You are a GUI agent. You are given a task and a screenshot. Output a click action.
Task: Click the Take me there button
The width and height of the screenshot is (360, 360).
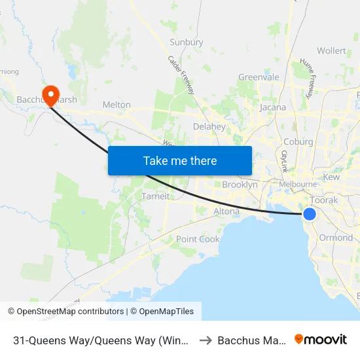coord(179,160)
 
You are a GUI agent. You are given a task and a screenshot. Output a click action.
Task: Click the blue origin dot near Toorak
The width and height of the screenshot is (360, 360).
coord(310,214)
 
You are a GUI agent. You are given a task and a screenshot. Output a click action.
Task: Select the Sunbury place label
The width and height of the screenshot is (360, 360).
coord(187,43)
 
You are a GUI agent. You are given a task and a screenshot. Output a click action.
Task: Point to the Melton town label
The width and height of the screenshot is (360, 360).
coord(117,105)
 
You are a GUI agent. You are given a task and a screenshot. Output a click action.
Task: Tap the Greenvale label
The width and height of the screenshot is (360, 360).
coord(259,77)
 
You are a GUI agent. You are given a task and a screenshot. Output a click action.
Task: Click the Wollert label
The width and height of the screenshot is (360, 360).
coord(331,50)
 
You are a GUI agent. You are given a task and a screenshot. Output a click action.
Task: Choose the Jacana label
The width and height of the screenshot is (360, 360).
coord(273,107)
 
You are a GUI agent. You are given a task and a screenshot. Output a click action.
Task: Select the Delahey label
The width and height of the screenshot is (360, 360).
coord(209,126)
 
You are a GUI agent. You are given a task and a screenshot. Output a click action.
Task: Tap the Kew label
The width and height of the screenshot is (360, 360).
coord(331,177)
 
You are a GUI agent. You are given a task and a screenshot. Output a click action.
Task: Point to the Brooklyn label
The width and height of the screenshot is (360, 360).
coord(240,185)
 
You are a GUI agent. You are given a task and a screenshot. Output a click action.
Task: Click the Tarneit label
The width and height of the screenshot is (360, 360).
coord(156,196)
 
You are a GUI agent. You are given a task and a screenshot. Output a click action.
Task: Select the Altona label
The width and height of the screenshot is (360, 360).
coord(226,211)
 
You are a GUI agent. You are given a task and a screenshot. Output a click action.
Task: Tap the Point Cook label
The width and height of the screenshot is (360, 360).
coord(198,239)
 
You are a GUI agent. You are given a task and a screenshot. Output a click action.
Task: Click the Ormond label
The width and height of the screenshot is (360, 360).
coord(336,238)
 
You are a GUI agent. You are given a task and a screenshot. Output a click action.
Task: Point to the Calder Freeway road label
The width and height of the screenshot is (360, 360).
coord(181,74)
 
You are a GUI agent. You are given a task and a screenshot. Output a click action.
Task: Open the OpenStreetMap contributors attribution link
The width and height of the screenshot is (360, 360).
coord(70,312)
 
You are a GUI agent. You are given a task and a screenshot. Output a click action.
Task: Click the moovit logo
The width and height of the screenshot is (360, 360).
coord(321,340)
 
